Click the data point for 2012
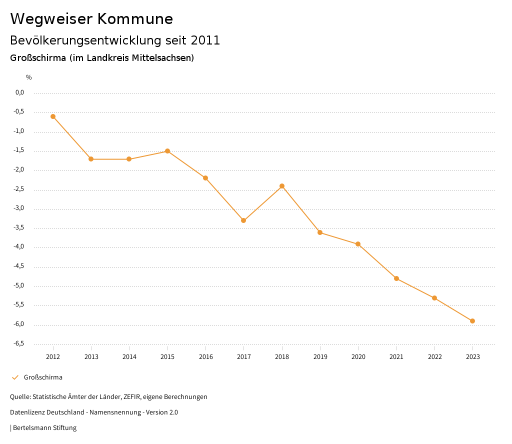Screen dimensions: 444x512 (x=53, y=116)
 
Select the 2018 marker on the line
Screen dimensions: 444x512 (x=282, y=186)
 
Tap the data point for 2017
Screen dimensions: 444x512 (x=243, y=220)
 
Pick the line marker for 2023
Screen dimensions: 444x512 (x=472, y=321)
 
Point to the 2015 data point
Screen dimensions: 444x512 (x=167, y=151)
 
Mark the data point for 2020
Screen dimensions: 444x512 (x=358, y=244)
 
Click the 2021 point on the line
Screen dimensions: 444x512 (x=396, y=278)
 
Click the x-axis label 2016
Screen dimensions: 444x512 (x=205, y=357)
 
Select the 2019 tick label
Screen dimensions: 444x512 (x=320, y=357)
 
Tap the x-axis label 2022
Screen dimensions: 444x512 (x=434, y=357)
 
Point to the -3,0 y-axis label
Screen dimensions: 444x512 (x=18, y=208)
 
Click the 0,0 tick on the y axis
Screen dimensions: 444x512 (x=19, y=92)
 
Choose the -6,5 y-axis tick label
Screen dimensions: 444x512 (x=18, y=343)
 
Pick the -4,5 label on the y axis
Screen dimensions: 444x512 (x=18, y=266)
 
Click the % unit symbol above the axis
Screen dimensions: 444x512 (x=29, y=77)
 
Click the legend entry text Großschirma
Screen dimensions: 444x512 (x=43, y=377)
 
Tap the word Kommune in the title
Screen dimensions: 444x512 (x=134, y=19)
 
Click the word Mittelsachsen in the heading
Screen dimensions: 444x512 (x=162, y=58)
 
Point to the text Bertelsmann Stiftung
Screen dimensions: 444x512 (x=44, y=428)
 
